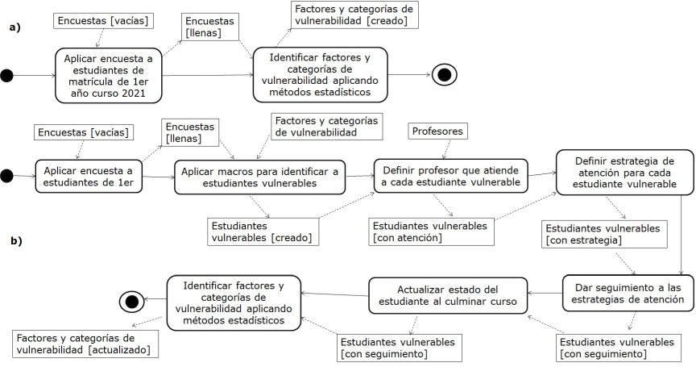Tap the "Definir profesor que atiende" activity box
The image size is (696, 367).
click(450, 176)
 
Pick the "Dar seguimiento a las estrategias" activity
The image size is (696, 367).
click(623, 293)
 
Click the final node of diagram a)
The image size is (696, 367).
click(444, 76)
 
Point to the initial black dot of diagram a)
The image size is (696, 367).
click(7, 76)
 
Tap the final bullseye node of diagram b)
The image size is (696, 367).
click(131, 301)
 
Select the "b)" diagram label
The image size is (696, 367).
click(14, 240)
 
